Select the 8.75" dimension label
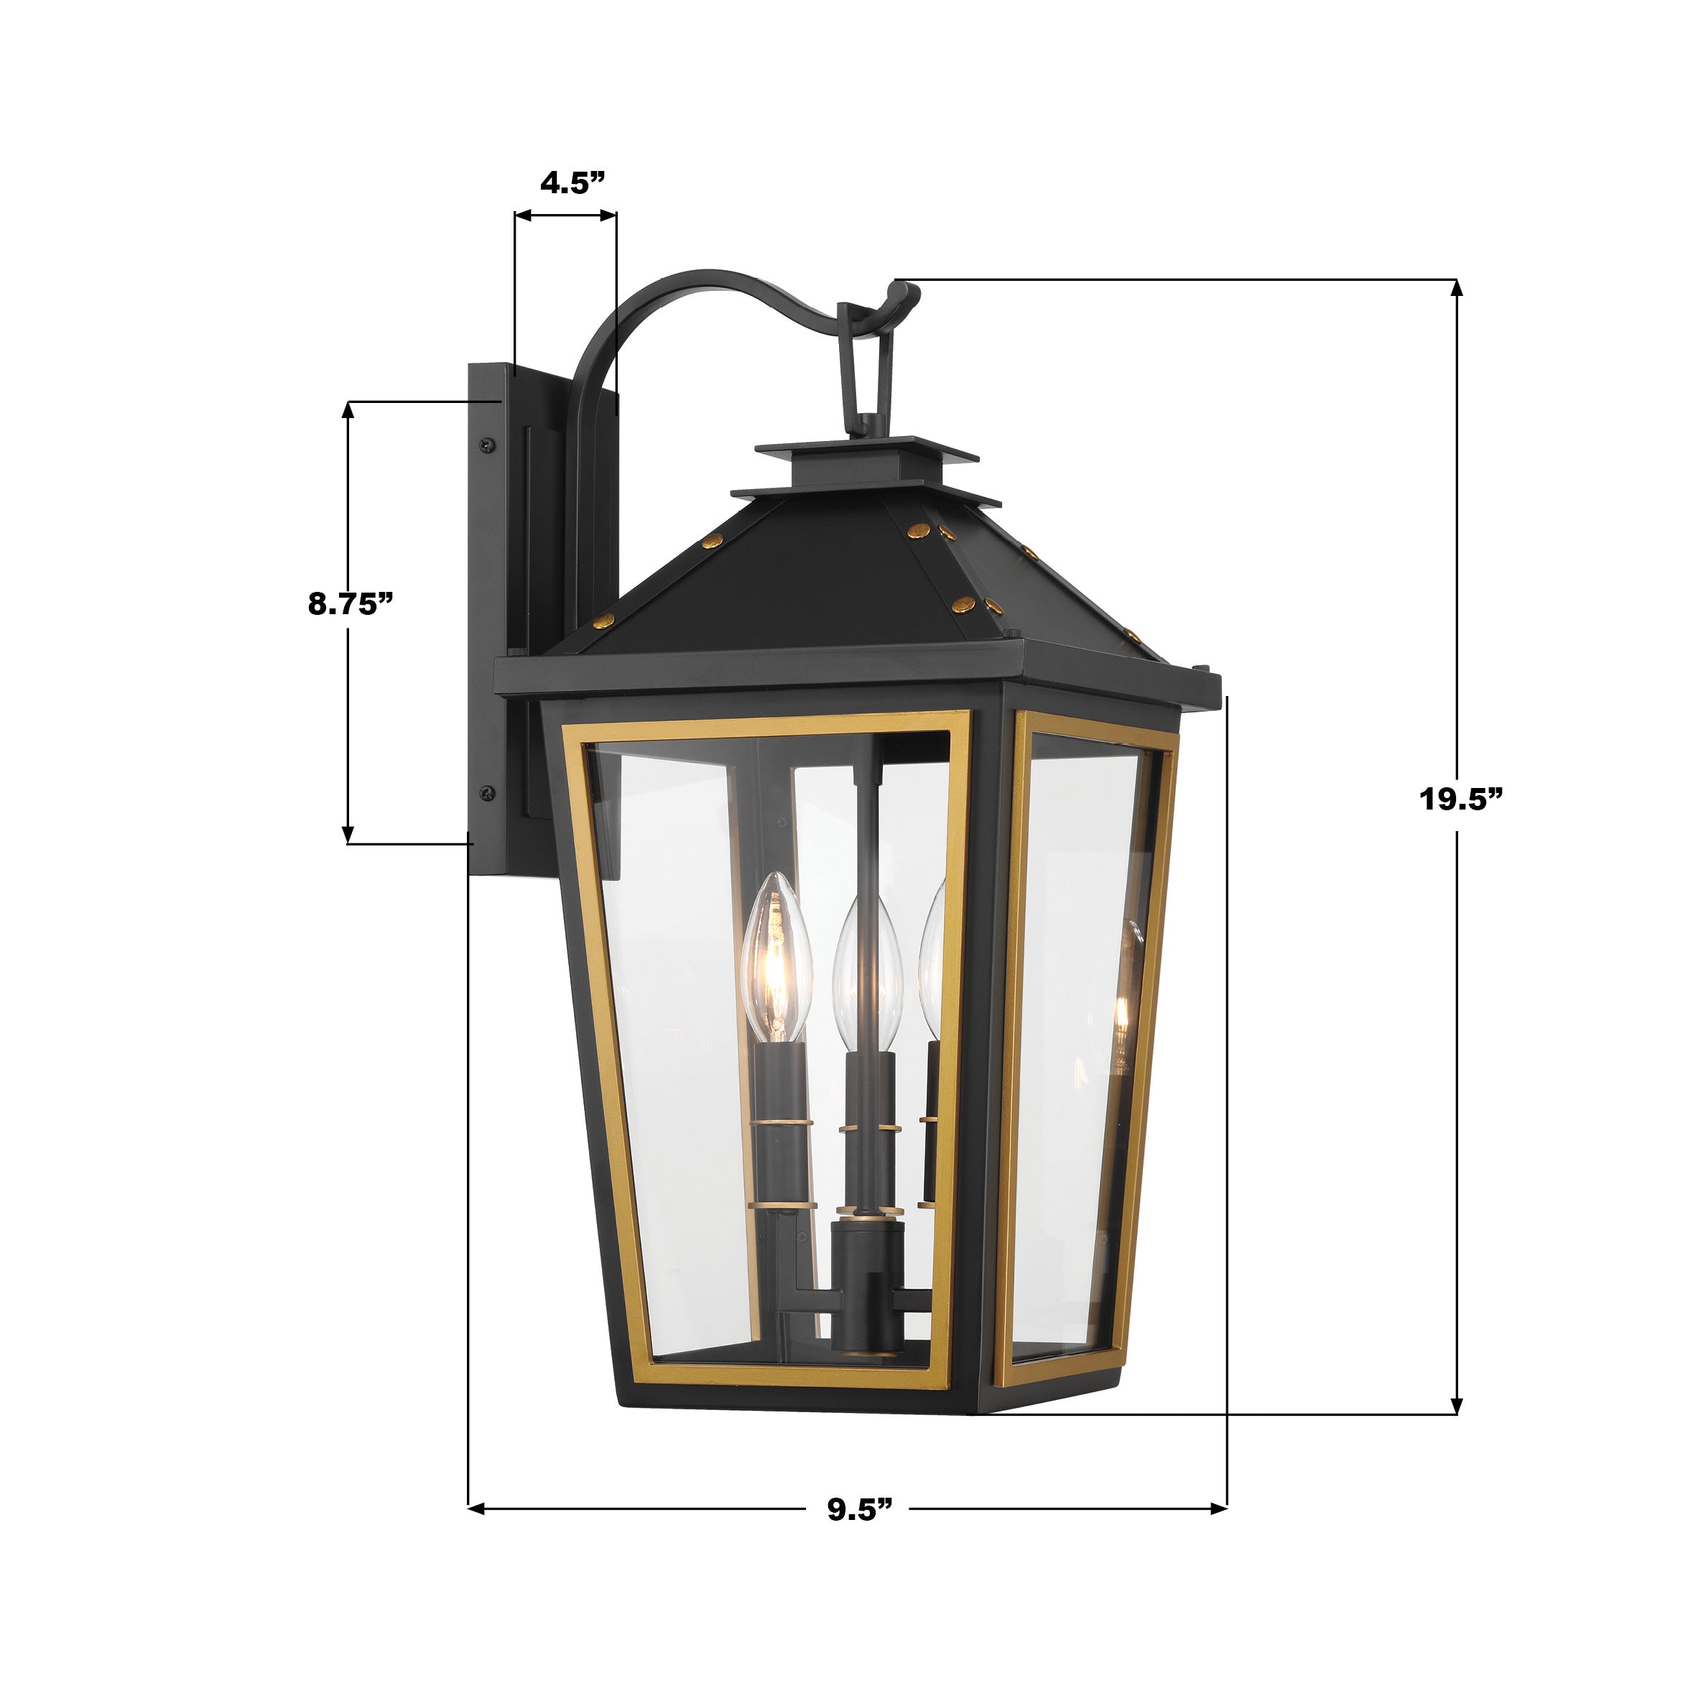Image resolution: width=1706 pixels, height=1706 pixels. [x=350, y=605]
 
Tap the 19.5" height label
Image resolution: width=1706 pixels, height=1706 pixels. [x=1460, y=799]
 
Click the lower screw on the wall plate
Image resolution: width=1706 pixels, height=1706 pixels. [x=484, y=792]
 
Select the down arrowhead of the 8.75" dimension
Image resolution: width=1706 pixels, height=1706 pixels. [x=348, y=835]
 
